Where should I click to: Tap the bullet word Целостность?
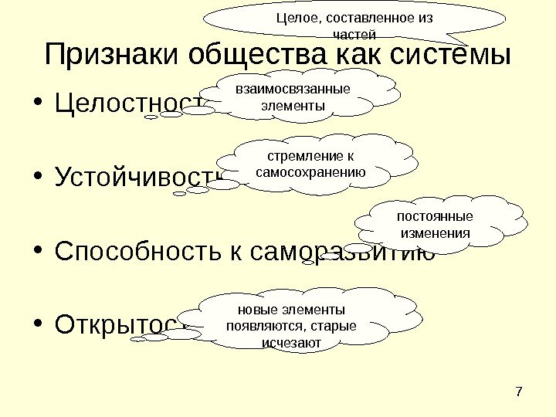click(x=127, y=104)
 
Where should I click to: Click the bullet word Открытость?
click(x=124, y=324)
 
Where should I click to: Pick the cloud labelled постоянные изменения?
click(x=436, y=224)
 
